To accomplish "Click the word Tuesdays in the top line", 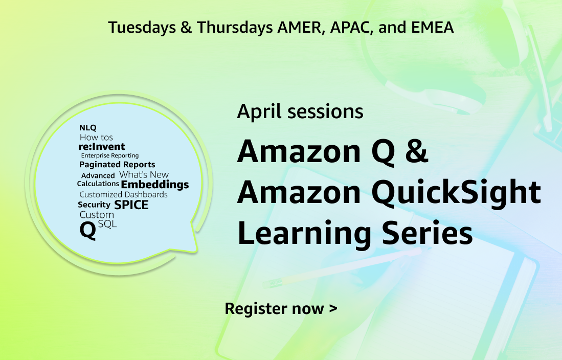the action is click(142, 28).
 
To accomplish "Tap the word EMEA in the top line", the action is click(432, 27).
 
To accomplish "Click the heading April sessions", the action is click(300, 111).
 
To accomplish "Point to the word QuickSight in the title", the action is click(456, 193).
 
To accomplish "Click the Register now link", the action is click(281, 309).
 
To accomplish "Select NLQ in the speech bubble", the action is click(88, 128).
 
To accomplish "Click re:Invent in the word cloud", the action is click(101, 146).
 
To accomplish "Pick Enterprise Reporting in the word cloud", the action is click(109, 155).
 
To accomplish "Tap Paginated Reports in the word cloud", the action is click(117, 165).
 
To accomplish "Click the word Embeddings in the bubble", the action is click(155, 185).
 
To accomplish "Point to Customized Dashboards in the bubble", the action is click(123, 195).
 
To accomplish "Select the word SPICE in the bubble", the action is click(131, 205).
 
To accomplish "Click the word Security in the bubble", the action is click(94, 205).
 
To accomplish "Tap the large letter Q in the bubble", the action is click(88, 231).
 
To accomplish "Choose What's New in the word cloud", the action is click(144, 174).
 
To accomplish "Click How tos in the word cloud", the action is click(96, 138).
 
